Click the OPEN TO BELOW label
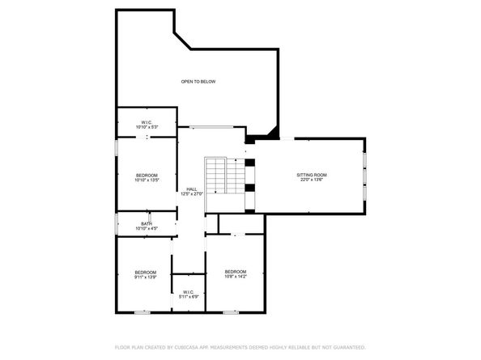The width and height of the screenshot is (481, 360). tap(198, 82)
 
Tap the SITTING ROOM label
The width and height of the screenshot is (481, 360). tap(311, 175)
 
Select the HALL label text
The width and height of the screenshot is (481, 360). tap(191, 188)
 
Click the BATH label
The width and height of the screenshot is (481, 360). tap(147, 224)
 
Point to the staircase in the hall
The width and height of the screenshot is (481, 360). tap(223, 176)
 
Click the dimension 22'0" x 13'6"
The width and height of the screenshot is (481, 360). tap(311, 180)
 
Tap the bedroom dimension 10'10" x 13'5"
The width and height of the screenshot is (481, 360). tap(147, 180)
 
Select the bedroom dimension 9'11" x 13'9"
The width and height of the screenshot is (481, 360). tap(145, 277)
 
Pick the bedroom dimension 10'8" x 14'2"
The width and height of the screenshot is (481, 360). tap(235, 276)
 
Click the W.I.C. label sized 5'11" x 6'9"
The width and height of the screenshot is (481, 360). tap(188, 292)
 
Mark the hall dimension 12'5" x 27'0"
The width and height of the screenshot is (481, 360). tap(191, 193)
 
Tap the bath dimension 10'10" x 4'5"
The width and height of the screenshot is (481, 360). tap(147, 229)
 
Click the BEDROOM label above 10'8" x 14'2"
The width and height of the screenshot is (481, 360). tap(235, 271)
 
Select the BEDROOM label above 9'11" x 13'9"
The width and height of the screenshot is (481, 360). tap(145, 272)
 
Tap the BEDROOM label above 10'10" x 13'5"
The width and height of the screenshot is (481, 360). tap(147, 176)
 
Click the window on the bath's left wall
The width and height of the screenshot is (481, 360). tap(116, 224)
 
